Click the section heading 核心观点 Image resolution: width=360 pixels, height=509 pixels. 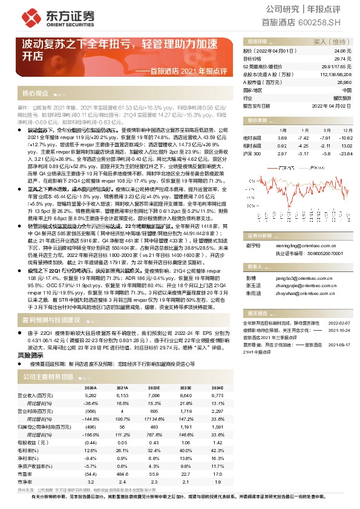click(36, 94)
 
